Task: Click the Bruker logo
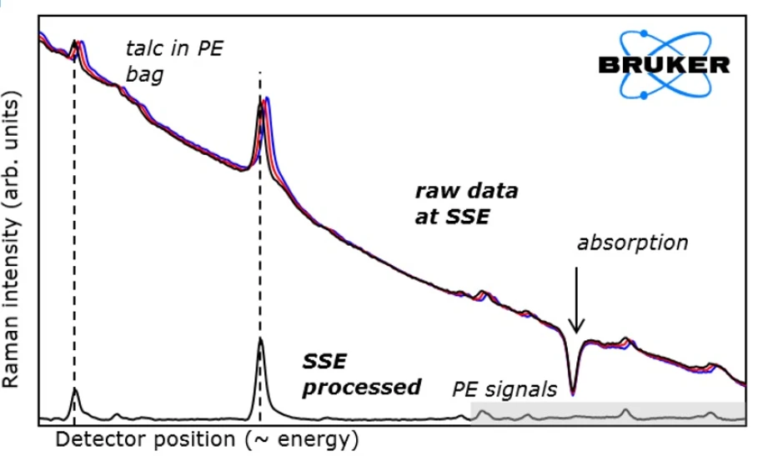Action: coord(663,65)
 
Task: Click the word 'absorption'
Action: coord(633,243)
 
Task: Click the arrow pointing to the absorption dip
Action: coord(577,300)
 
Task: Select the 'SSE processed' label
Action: coord(360,374)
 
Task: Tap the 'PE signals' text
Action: coord(504,389)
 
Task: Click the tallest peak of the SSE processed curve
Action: coord(260,341)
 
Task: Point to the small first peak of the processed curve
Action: coord(74,389)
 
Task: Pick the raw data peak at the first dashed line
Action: coord(75,43)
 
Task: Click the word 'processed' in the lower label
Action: coord(360,388)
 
